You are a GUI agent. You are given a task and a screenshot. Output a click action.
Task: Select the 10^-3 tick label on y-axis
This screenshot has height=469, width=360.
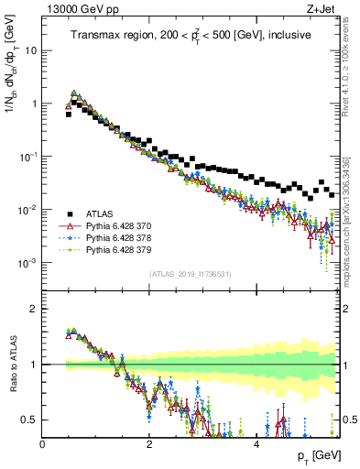pos(26,263)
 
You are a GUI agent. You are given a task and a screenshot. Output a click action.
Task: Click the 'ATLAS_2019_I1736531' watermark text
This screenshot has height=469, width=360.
pos(191,275)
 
